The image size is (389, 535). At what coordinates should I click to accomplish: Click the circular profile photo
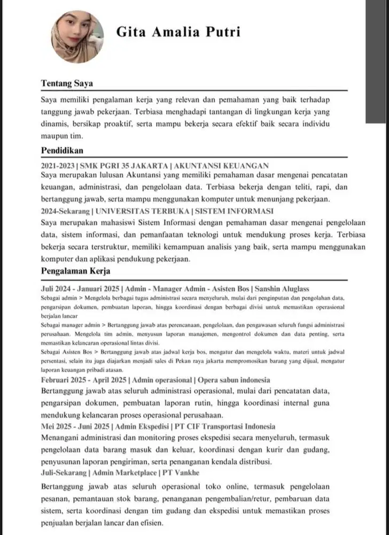coord(77,36)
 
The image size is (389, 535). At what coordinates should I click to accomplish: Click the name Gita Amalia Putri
coord(178,32)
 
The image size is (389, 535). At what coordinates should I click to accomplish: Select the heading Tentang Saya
coord(67,83)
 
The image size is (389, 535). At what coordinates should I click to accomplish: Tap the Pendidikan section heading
coord(62,150)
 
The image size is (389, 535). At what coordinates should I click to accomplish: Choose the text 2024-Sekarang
coord(66,210)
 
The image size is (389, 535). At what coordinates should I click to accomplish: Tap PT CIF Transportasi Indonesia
coord(224,426)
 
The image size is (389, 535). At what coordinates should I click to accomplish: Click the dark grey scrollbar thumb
coord(377,62)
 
